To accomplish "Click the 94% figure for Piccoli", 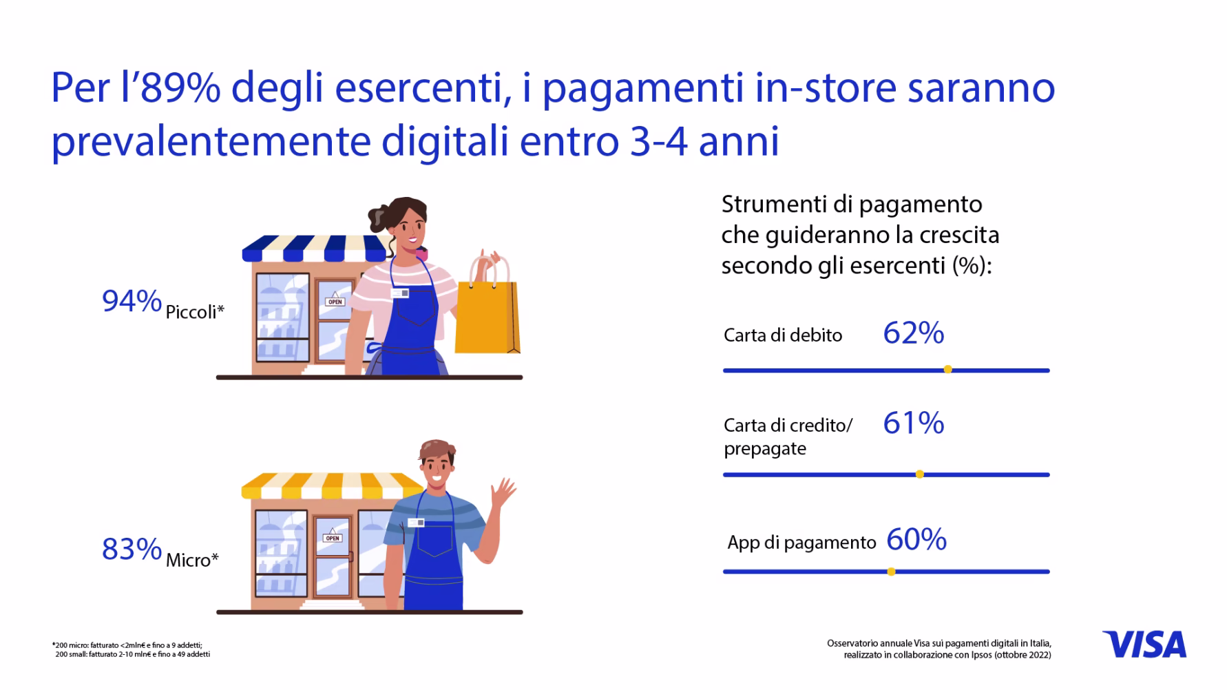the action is coord(132,301).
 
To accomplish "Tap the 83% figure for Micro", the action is coord(132,549).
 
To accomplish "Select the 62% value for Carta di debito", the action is coord(914,333).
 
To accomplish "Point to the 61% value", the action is coord(914,423).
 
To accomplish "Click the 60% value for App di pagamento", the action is coord(916,540).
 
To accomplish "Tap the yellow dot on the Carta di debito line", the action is coord(947,370).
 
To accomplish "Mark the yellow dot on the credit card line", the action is coord(919,474).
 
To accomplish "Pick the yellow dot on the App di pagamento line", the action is coord(891,572).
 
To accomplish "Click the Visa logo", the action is coord(1144,645).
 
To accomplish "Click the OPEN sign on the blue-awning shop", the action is coord(335,300).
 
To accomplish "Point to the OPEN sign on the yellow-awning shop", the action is coord(333,536).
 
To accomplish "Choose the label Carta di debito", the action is coord(783,335).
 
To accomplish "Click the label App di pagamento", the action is coord(801,543).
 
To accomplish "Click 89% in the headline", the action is coord(180,88).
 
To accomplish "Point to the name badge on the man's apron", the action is coord(417,523).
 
